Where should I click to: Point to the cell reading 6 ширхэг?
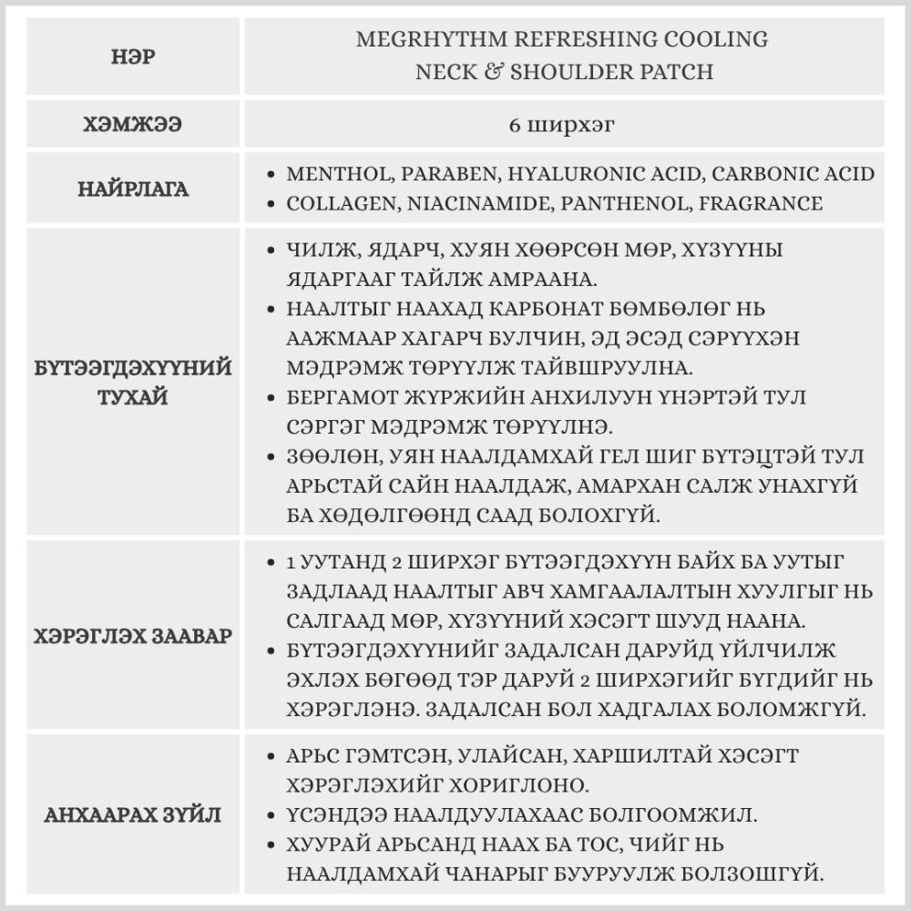click(562, 125)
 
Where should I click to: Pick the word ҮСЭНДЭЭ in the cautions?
click(335, 813)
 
